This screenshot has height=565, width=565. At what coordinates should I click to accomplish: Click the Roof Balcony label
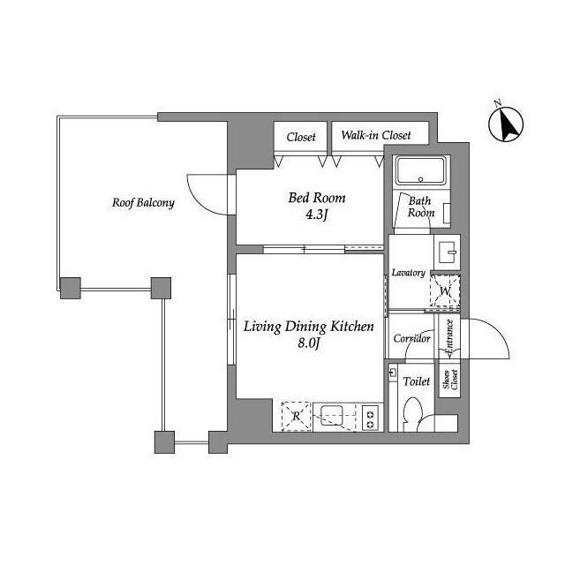(x=143, y=203)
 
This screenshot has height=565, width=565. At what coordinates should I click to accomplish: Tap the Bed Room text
(x=317, y=198)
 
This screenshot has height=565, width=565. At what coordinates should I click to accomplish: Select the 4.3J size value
(x=317, y=215)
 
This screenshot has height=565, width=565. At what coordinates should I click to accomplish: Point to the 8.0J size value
(x=309, y=343)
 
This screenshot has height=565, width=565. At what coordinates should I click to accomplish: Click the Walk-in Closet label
(x=376, y=135)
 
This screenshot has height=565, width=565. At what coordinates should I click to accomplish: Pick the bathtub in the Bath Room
(x=421, y=171)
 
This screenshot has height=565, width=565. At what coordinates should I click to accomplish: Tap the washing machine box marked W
(x=445, y=291)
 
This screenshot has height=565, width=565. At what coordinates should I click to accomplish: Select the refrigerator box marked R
(x=297, y=416)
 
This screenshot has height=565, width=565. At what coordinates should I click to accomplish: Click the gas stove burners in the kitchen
(x=371, y=418)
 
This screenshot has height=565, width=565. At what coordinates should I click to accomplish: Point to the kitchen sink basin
(x=332, y=416)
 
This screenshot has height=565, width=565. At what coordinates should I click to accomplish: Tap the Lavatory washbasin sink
(x=448, y=249)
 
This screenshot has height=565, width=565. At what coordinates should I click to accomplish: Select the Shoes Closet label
(x=449, y=380)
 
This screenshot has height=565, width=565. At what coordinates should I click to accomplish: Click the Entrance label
(x=449, y=338)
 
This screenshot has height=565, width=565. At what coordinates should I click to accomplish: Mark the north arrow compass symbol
(x=506, y=123)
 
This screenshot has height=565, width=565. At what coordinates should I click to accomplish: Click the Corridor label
(x=411, y=338)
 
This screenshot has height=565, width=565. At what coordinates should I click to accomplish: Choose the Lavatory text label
(x=408, y=273)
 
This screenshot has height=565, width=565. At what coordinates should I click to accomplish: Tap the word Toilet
(x=416, y=381)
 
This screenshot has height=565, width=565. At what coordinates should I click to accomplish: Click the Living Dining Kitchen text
(x=309, y=327)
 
